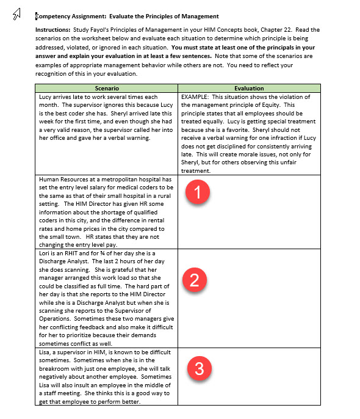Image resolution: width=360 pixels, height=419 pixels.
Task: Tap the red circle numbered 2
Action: [194, 280]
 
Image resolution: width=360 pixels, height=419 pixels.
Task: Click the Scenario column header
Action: [107, 88]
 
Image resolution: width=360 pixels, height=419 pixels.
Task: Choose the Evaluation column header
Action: [249, 88]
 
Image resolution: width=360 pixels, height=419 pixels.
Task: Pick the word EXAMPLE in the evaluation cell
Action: [196, 97]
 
